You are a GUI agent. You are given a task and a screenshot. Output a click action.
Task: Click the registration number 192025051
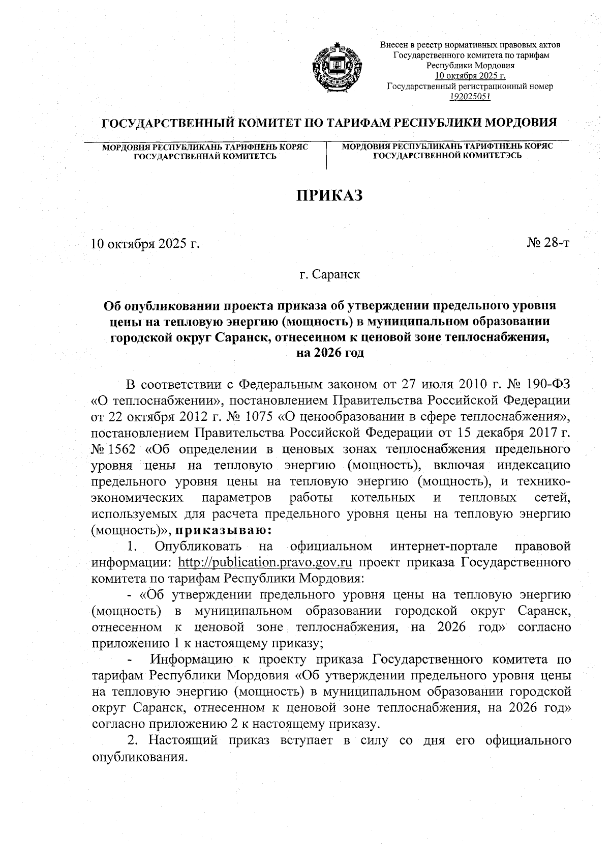coord(470,96)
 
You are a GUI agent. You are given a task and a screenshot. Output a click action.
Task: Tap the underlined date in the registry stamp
coord(470,76)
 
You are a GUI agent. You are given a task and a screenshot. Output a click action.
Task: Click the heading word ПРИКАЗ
coord(329,195)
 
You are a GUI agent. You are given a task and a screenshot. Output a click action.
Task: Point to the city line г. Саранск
coord(329,275)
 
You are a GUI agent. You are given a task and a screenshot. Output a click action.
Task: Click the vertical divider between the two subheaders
coord(326,156)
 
